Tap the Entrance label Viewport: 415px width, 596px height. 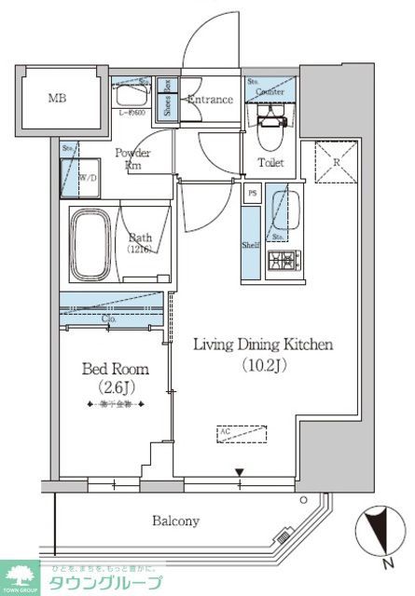click(x=210, y=100)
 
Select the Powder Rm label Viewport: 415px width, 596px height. click(x=132, y=158)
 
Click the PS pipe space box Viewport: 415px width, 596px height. click(x=252, y=194)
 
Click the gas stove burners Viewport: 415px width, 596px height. click(x=281, y=263)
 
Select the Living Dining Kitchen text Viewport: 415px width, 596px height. click(x=263, y=345)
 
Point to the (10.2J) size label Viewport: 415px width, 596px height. click(x=263, y=367)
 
